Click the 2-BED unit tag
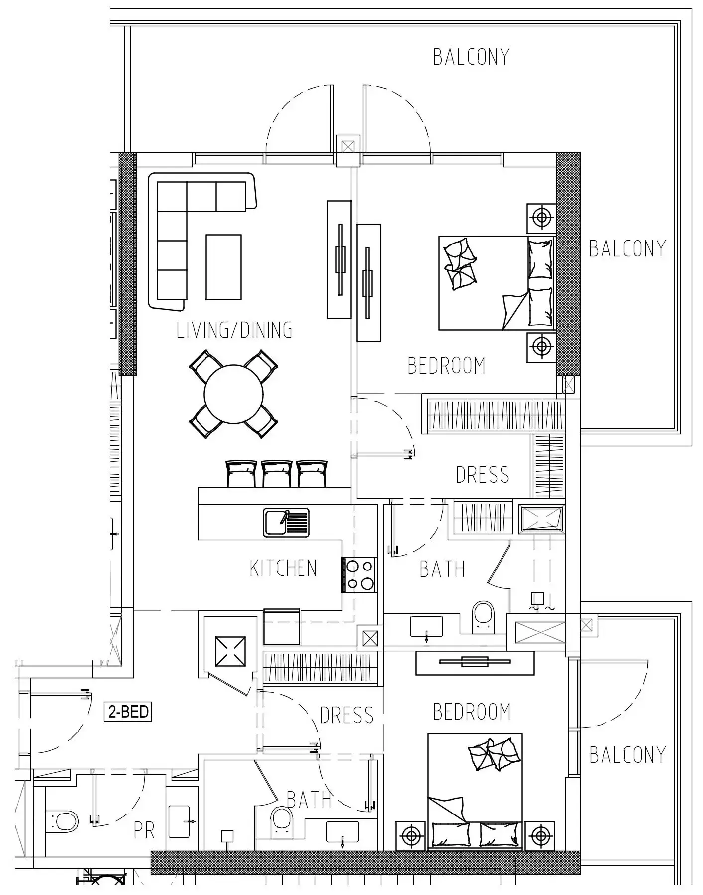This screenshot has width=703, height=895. tap(127, 712)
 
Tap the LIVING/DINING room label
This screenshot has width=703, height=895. tap(234, 330)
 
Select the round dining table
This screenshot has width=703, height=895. tap(233, 394)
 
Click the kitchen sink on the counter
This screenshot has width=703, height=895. tap(286, 523)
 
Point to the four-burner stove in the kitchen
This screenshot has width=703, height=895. tap(360, 575)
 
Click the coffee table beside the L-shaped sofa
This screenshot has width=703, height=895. tap(223, 267)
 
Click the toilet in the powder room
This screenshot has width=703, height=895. tap(62, 821)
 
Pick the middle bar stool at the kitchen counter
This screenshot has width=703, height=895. tap(277, 474)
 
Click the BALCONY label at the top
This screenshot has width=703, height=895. tap(471, 57)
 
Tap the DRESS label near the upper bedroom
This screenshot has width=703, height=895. tap(482, 475)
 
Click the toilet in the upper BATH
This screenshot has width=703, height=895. tap(482, 617)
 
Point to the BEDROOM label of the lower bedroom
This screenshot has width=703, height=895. tap(472, 712)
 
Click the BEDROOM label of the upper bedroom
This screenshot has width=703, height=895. tap(446, 366)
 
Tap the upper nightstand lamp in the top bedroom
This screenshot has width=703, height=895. tap(542, 218)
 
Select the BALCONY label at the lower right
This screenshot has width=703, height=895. tap(627, 755)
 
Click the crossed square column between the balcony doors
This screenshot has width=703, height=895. tap(348, 147)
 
